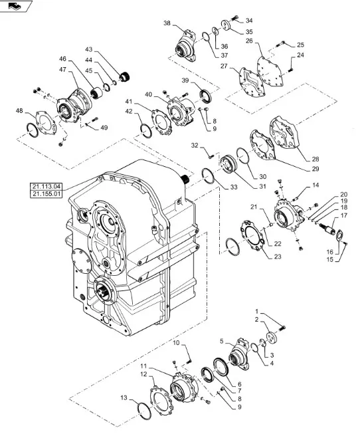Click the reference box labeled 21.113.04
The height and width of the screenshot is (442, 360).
click(46, 186)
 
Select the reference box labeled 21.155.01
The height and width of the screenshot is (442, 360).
click(46, 194)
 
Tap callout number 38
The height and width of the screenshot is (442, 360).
click(167, 23)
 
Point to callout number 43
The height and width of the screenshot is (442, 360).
click(89, 50)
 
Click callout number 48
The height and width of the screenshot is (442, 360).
click(19, 111)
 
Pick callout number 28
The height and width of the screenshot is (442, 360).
click(315, 159)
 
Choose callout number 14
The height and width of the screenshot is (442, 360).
click(315, 185)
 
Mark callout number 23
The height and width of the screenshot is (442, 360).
click(278, 257)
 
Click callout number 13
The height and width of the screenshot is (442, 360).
click(124, 397)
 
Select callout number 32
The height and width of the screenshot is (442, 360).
click(195, 146)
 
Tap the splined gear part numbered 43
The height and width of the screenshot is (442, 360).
click(124, 76)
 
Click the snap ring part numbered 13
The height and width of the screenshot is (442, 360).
click(143, 411)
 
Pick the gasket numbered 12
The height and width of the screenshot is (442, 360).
click(161, 401)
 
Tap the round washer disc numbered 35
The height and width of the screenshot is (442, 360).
click(226, 25)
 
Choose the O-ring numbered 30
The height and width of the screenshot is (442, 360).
click(243, 156)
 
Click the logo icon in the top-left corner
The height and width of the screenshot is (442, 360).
click(15, 5)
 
